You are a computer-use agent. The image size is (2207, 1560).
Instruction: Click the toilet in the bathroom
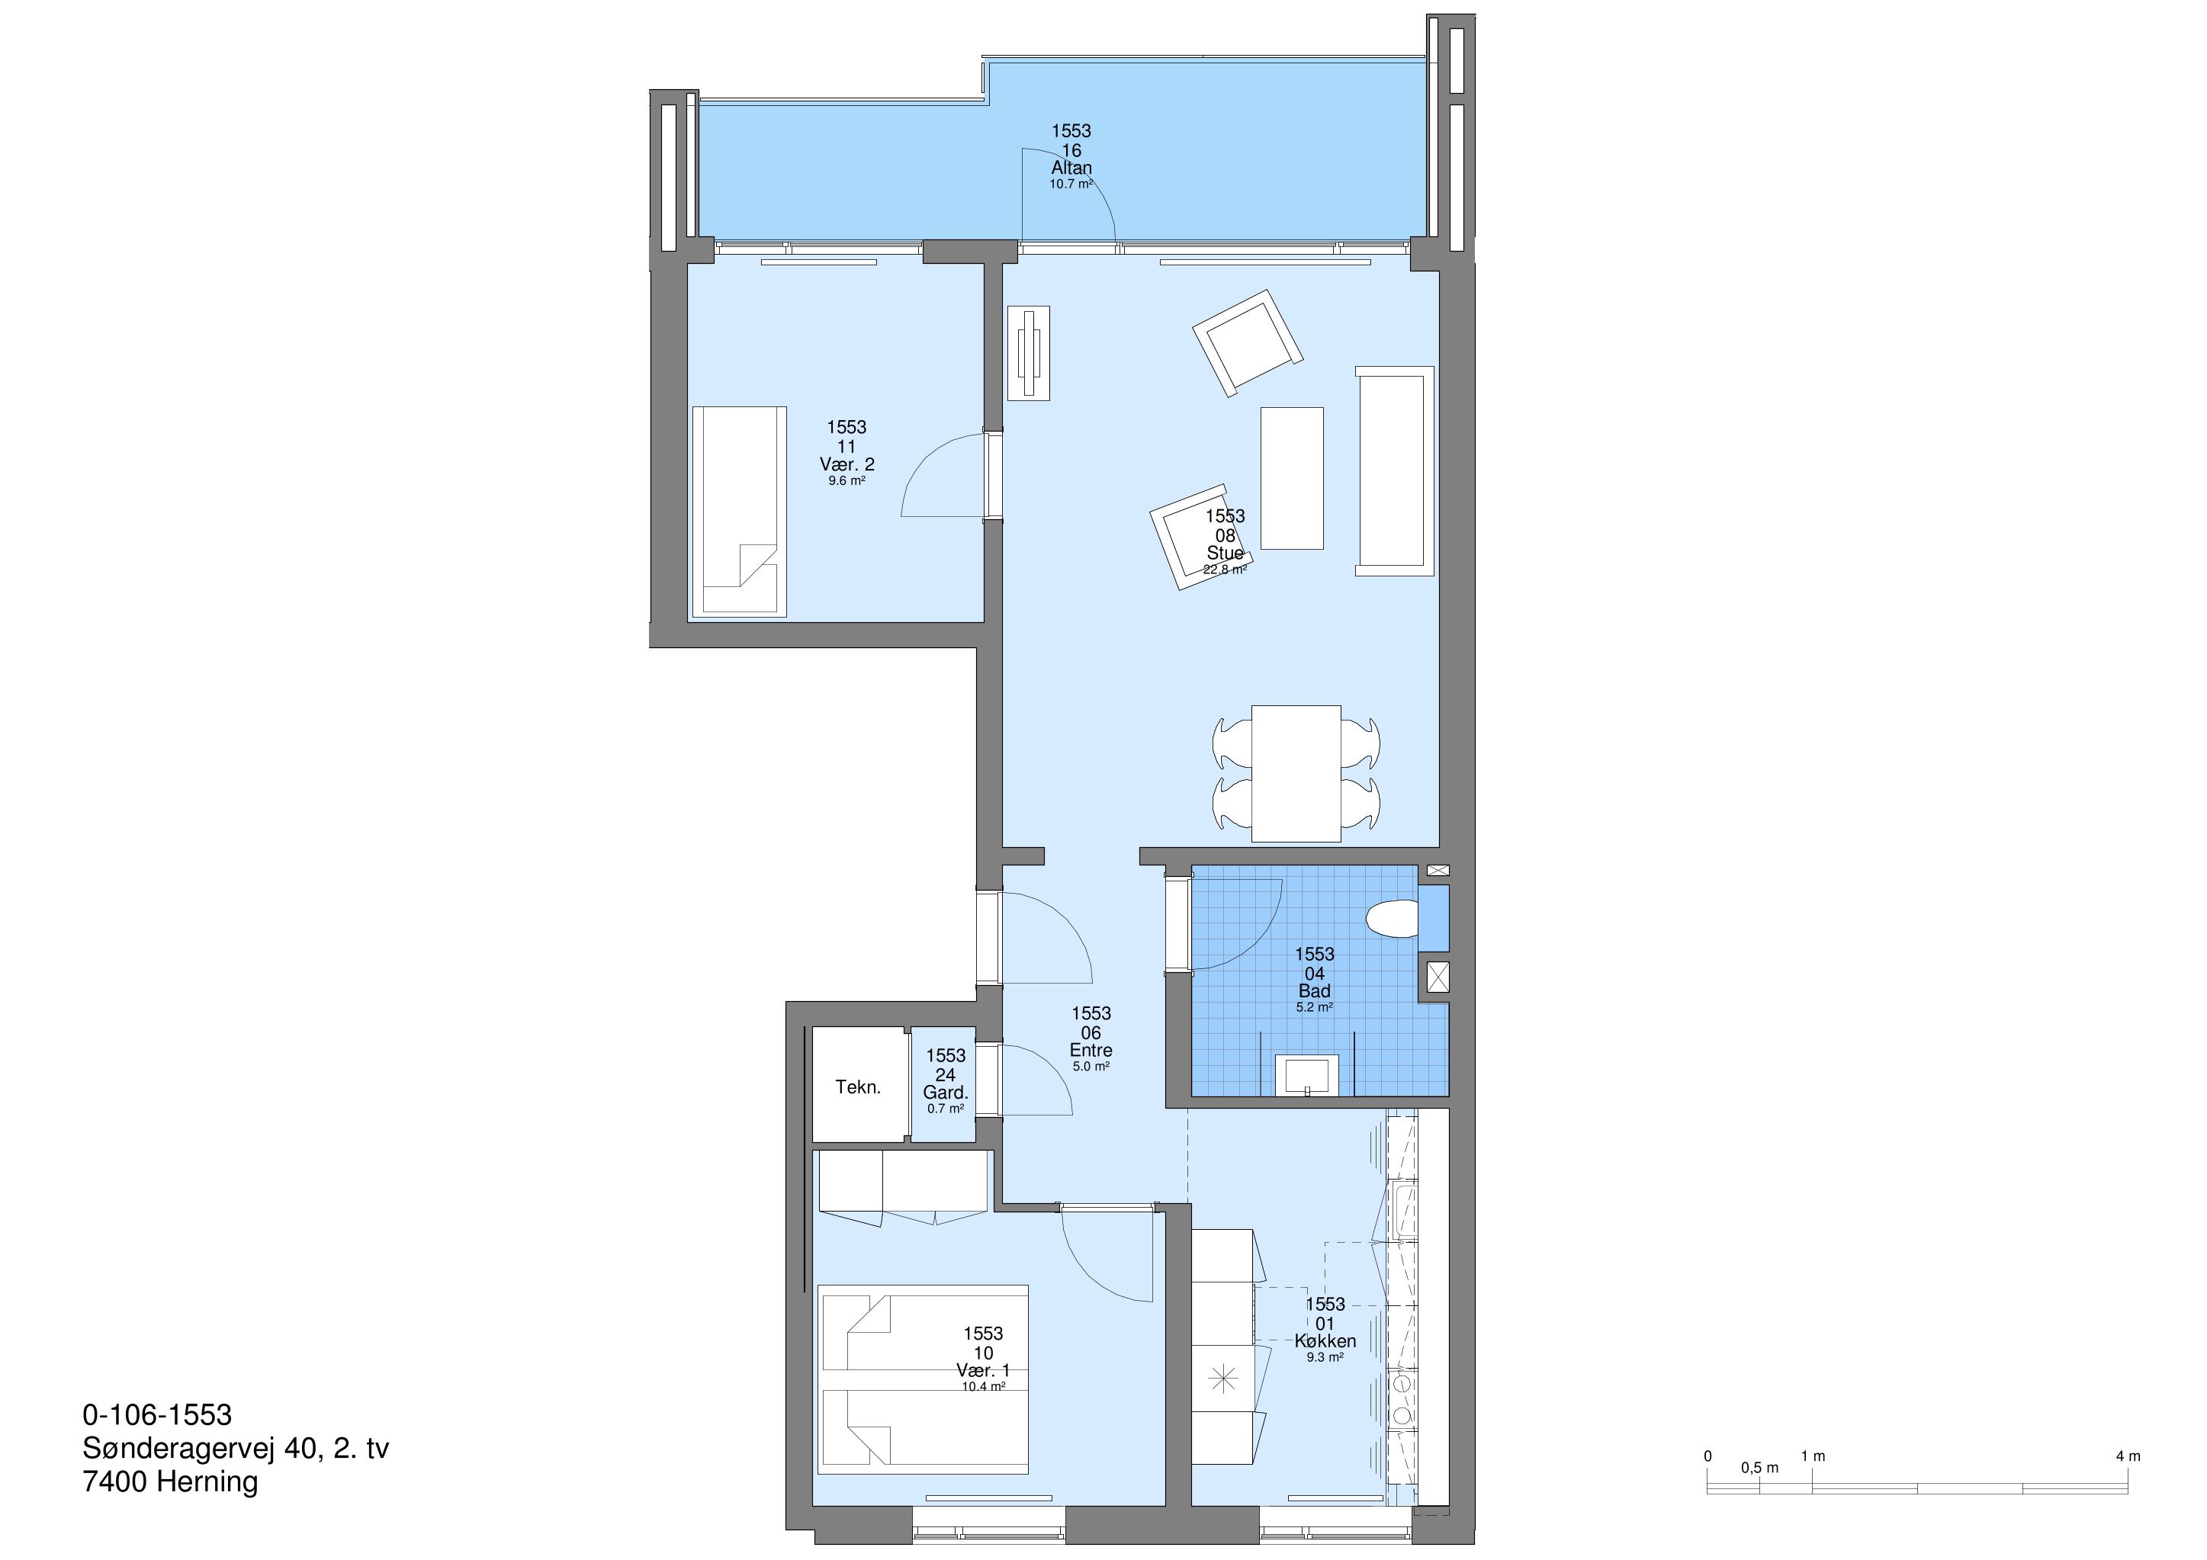click(x=1393, y=919)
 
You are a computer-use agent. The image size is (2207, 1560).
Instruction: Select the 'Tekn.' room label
click(x=857, y=1087)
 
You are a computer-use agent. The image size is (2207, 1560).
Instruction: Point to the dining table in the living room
click(x=1296, y=773)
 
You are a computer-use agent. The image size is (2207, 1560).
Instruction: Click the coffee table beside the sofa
click(x=1292, y=478)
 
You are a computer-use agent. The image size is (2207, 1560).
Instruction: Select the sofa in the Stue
click(x=1394, y=471)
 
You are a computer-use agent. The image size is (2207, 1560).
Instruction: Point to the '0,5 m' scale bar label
click(x=1759, y=1468)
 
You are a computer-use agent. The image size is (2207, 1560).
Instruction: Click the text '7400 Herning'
click(x=170, y=1481)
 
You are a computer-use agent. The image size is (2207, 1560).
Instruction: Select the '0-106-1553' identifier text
click(x=158, y=1415)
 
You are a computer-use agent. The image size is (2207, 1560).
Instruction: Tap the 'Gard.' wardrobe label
click(x=945, y=1093)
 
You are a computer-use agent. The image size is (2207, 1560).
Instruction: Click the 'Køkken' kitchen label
click(x=1325, y=1341)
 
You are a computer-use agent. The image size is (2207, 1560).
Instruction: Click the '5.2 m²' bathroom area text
click(x=1314, y=1007)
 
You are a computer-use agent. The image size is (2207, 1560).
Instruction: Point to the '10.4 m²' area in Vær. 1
click(x=983, y=1386)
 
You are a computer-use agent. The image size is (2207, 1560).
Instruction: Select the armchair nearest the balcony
click(x=1248, y=342)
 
